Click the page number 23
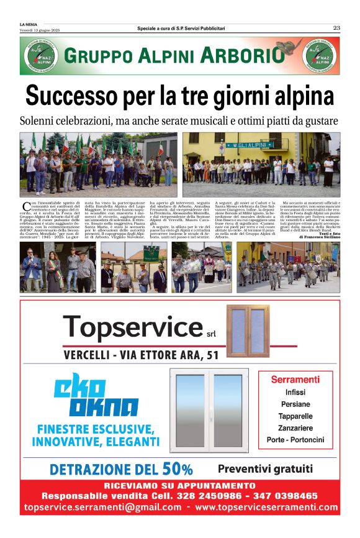336,27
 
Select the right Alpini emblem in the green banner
322,56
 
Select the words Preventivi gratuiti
265,468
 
